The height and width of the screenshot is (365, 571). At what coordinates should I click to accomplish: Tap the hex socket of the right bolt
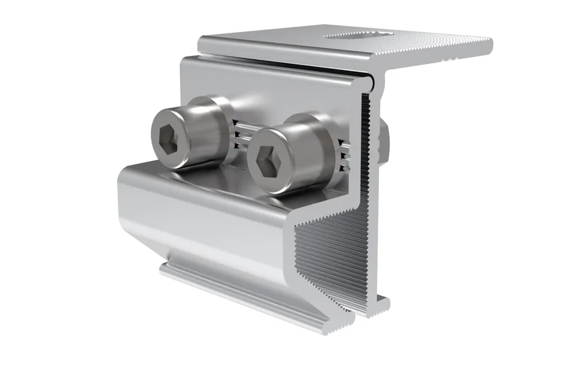[x=266, y=161]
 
